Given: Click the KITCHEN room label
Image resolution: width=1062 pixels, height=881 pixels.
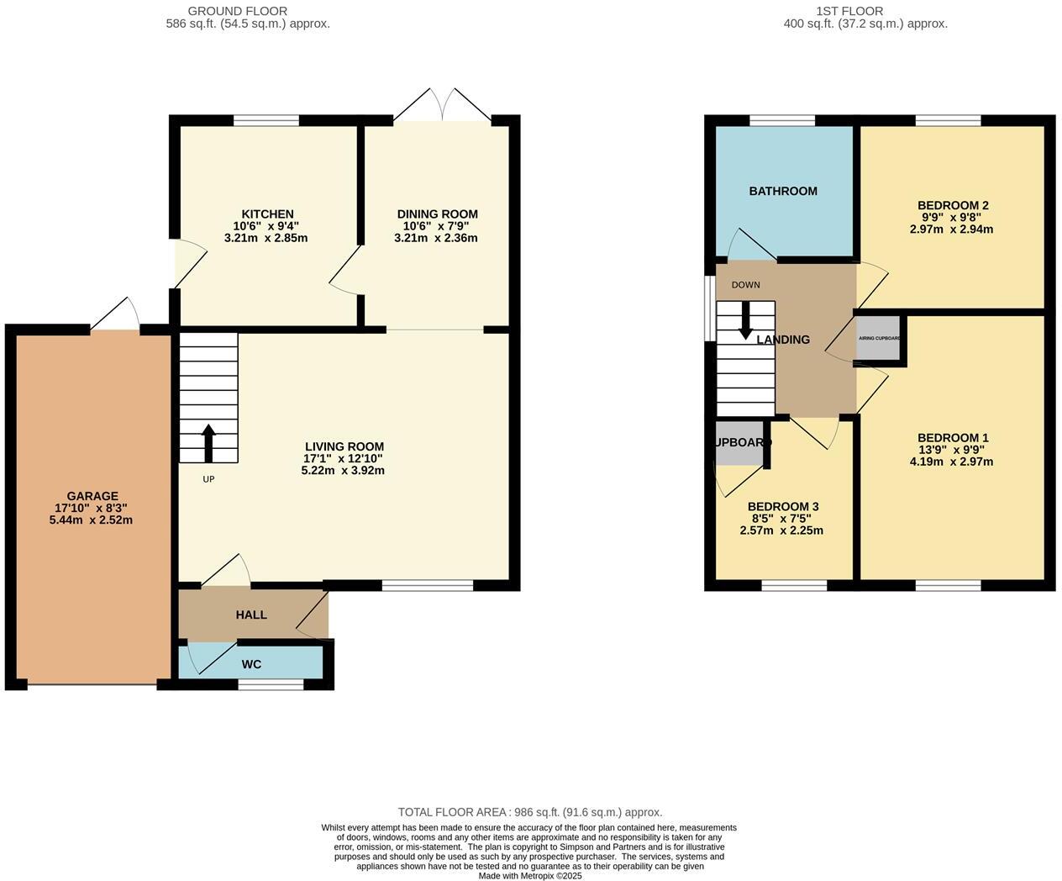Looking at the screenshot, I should click(x=267, y=214).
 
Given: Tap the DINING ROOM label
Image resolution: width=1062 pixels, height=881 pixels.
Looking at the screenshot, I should click(x=437, y=214).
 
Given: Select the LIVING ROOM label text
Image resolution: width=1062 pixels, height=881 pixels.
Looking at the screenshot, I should click(x=344, y=446).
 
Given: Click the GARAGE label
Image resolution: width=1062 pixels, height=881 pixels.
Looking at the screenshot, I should click(x=92, y=496).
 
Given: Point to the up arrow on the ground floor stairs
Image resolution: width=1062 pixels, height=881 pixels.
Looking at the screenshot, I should click(x=208, y=443).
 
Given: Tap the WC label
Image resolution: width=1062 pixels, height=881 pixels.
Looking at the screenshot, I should click(x=251, y=664).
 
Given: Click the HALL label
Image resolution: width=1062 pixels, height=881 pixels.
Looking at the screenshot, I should click(x=251, y=615).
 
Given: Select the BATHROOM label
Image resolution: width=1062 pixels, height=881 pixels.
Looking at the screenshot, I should click(x=783, y=191).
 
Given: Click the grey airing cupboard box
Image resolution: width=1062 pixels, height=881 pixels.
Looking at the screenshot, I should click(x=879, y=338).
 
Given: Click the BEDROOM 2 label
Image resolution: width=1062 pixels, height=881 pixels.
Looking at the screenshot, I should click(x=953, y=205).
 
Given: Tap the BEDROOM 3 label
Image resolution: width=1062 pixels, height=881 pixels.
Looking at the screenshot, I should click(x=783, y=506).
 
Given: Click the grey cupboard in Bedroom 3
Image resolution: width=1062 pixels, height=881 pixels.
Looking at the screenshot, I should click(x=739, y=443).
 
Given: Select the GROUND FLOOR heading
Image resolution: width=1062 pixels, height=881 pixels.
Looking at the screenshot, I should click(x=237, y=11).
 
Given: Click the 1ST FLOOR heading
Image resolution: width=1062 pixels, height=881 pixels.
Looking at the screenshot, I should click(x=849, y=11).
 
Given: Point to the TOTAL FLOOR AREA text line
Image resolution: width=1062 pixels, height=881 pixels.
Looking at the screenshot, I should click(x=530, y=812).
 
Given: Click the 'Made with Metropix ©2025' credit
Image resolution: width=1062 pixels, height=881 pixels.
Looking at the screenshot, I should click(x=530, y=875).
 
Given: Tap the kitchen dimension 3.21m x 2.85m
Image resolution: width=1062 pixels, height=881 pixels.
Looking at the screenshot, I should click(x=265, y=238).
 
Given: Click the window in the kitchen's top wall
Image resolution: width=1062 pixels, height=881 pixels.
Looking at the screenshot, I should click(x=266, y=121).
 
